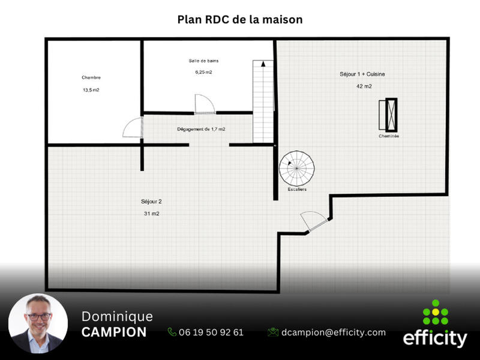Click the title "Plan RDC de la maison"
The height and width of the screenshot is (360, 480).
tap(240, 20)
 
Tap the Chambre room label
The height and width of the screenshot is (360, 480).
tap(91, 77)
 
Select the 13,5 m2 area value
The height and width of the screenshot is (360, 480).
tap(91, 90)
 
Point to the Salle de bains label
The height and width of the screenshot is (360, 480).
tap(203, 61)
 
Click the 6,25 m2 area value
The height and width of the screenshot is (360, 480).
tap(203, 72)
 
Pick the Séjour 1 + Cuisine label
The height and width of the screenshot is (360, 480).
tap(362, 74)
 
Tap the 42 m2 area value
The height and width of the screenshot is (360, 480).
tap(364, 86)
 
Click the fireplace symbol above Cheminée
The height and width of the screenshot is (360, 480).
tap(389, 114)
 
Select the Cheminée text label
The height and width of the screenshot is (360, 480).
tap(389, 137)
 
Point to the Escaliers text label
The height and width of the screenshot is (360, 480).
tap(296, 190)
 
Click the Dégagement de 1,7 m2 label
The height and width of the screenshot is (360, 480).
tap(201, 129)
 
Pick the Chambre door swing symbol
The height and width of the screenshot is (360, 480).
tap(133, 127)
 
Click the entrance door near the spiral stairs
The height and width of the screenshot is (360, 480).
tap(314, 221)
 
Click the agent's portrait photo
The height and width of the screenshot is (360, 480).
tap(38, 324)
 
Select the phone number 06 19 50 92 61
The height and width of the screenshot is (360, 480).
tap(206, 332)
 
